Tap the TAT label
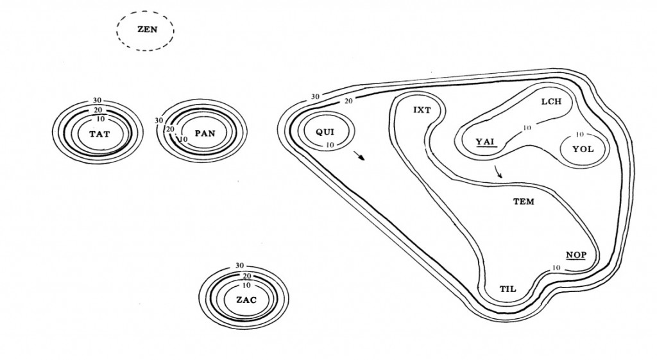click(x=99, y=134)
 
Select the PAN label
click(x=205, y=133)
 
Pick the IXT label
click(x=422, y=110)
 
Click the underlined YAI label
click(x=486, y=142)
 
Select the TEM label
click(x=524, y=201)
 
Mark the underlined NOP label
click(x=576, y=254)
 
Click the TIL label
click(x=508, y=289)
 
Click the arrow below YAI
click(x=499, y=171)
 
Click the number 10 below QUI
click(x=330, y=145)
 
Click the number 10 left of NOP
click(x=556, y=267)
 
